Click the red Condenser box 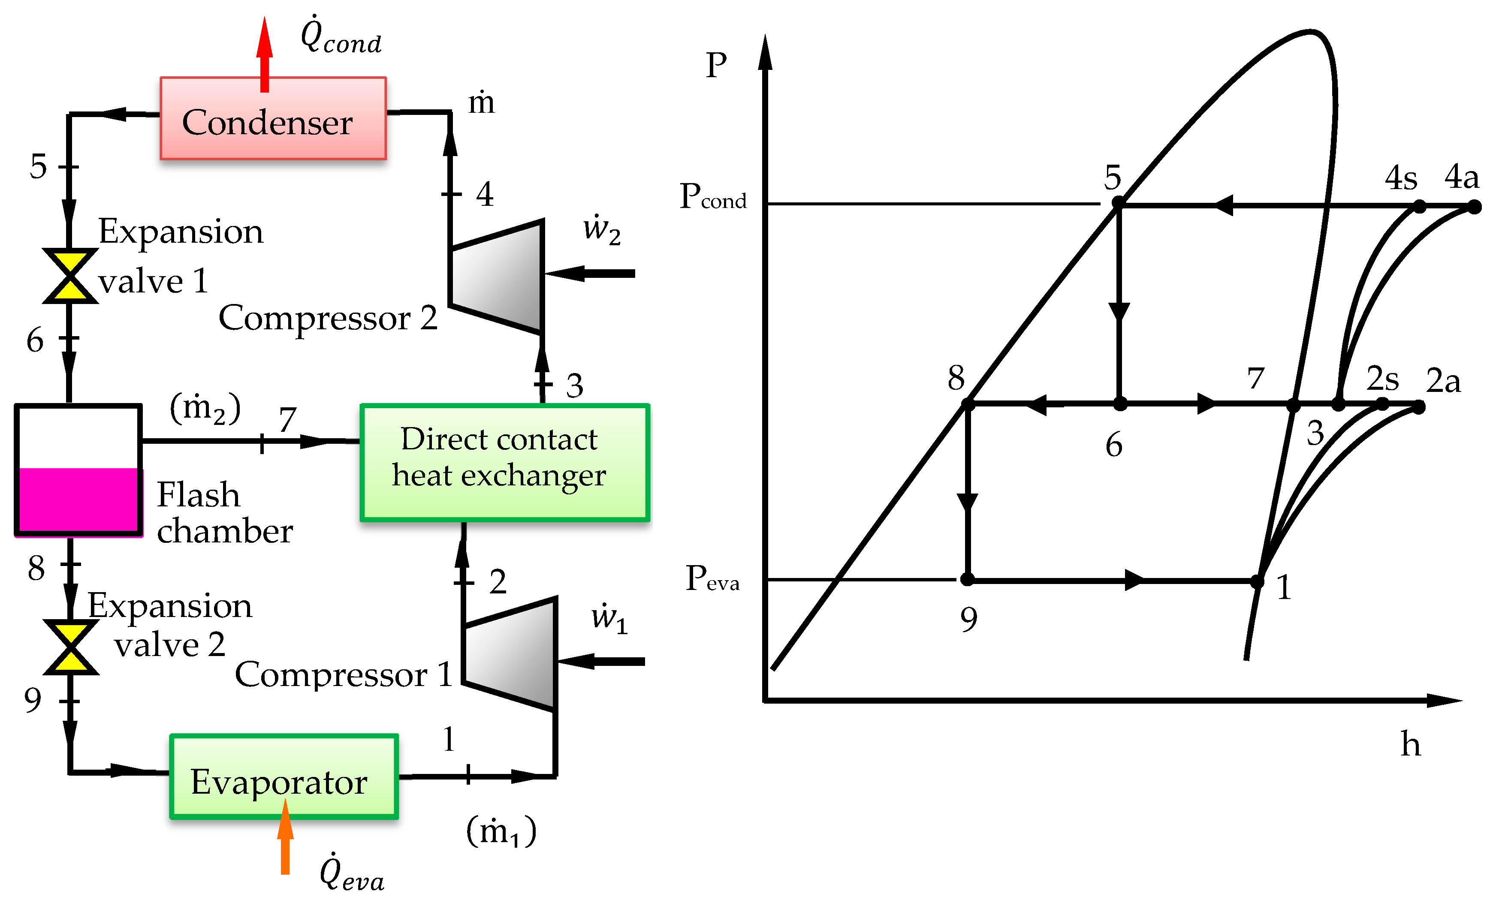273,119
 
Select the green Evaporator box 284,777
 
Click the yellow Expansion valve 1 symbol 69,276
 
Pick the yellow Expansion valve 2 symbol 71,647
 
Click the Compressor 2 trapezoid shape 497,276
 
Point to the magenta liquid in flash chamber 78,500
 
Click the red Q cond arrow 264,54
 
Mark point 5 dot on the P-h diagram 1118,203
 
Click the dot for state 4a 1474,208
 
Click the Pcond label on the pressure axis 712,197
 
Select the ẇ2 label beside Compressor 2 601,229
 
